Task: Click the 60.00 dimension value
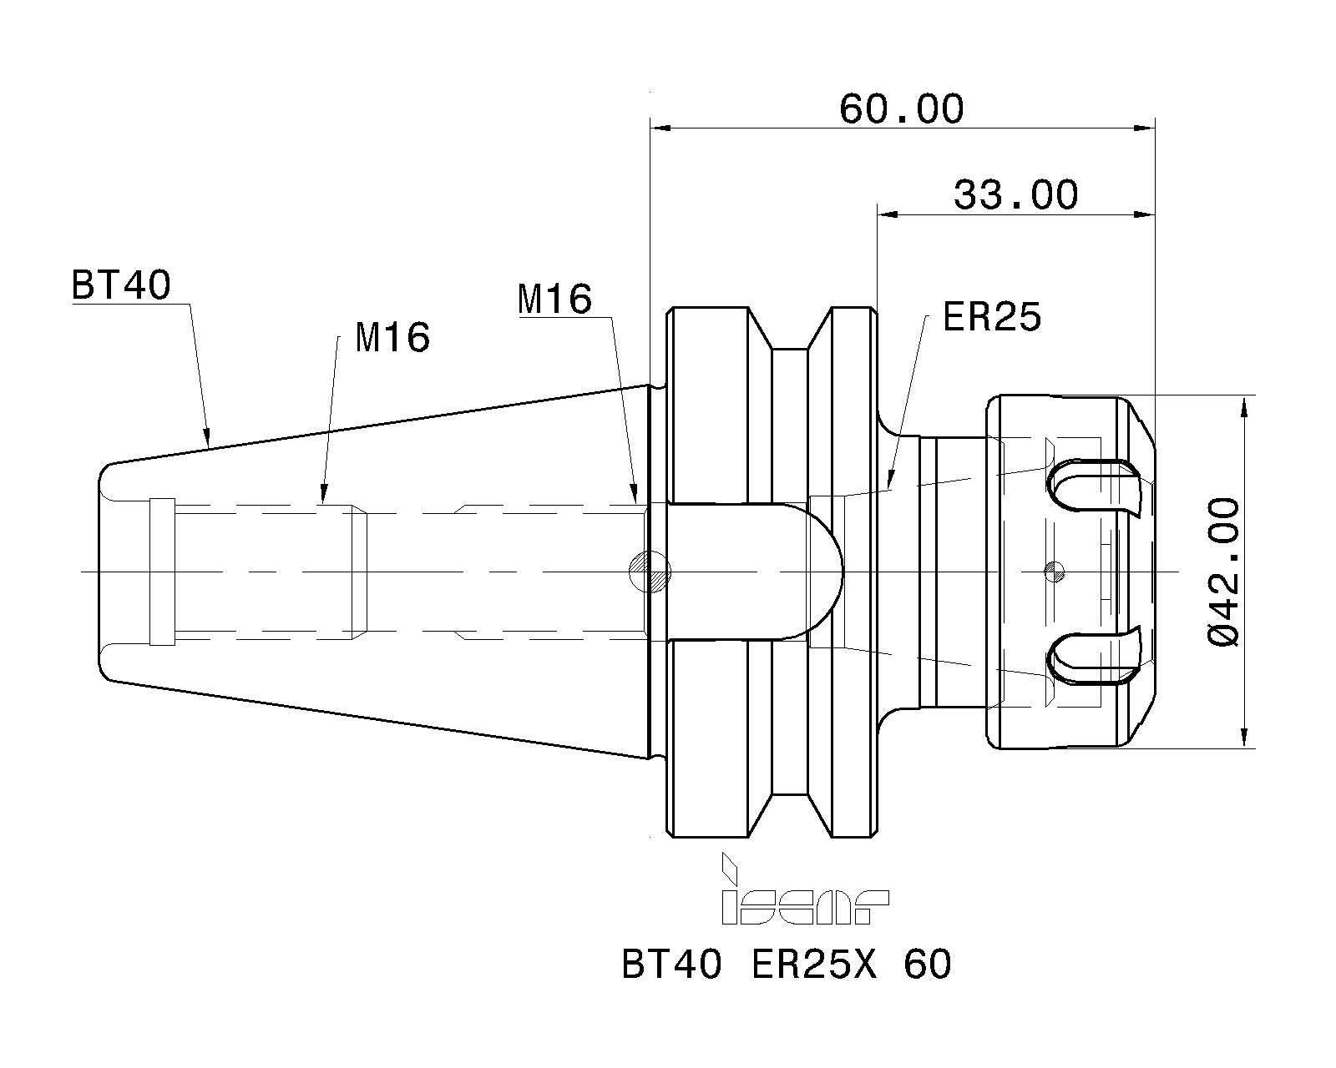901,109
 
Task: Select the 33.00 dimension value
1015,195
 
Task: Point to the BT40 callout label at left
122,285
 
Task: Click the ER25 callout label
992,317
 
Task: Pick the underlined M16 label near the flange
554,299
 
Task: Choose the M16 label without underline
392,338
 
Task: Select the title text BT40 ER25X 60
786,965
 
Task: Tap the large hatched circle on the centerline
650,572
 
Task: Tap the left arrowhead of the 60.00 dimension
660,128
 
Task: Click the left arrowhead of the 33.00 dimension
887,215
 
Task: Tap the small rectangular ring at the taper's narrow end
162,572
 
